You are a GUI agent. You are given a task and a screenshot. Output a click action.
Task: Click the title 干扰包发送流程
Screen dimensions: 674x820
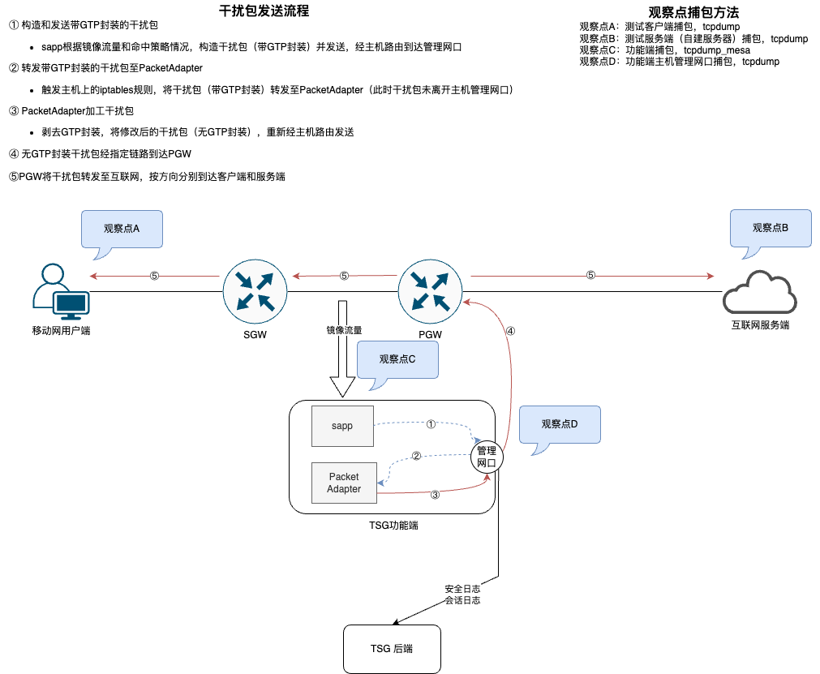tap(264, 11)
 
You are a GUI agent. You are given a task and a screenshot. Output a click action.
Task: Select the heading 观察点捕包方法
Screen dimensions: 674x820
tap(693, 12)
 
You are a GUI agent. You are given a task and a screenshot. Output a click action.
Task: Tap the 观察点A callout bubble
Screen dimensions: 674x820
tap(122, 229)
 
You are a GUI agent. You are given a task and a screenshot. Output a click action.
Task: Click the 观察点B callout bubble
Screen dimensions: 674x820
tap(771, 229)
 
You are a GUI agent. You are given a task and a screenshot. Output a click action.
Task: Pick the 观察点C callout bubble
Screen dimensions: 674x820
tap(397, 359)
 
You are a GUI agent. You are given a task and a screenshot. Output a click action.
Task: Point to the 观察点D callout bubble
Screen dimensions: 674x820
tap(560, 424)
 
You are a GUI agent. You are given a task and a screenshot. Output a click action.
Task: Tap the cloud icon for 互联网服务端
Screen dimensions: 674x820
tap(759, 296)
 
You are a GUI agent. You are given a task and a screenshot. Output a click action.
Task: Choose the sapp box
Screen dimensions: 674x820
tap(342, 426)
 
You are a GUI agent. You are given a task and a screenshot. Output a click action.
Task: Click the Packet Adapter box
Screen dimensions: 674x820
tap(344, 483)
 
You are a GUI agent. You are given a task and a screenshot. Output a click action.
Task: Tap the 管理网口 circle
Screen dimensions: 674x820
tap(487, 456)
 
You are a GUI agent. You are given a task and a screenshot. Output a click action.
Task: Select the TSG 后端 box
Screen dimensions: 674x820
tap(393, 649)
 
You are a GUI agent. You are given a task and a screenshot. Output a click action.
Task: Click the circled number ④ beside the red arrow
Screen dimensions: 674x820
tap(510, 331)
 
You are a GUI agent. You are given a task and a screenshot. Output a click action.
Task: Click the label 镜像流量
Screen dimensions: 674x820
tap(344, 330)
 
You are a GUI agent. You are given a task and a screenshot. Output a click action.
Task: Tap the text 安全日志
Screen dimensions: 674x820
tap(462, 588)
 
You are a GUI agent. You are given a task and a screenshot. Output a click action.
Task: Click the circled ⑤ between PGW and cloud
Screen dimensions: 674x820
tap(590, 276)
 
